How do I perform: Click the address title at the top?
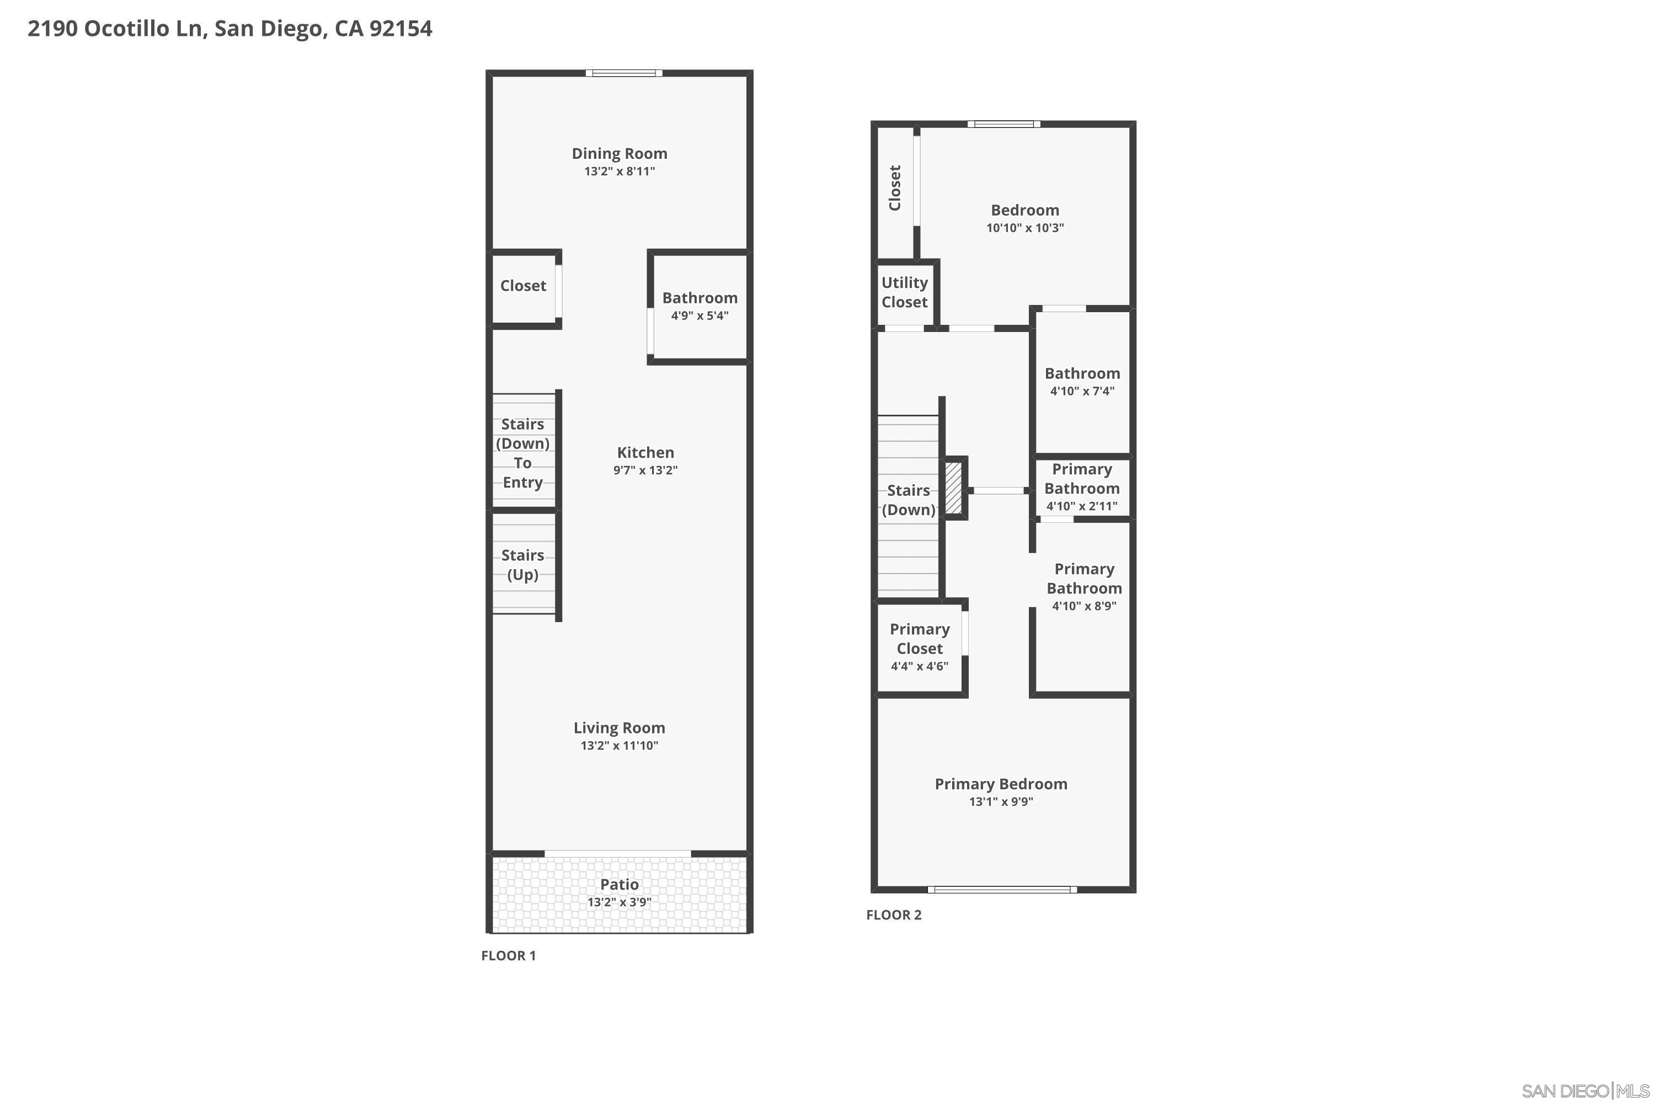[x=229, y=29]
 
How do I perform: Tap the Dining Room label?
[x=619, y=153]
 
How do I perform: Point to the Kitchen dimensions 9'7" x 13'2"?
[x=645, y=470]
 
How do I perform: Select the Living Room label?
[x=619, y=728]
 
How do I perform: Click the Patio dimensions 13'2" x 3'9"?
[x=619, y=902]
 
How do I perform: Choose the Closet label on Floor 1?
[x=523, y=286]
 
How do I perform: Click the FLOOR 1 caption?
[x=508, y=955]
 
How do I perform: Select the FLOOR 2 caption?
[x=894, y=914]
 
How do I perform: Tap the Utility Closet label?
[x=904, y=292]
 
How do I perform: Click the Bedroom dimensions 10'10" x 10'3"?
[x=1024, y=227]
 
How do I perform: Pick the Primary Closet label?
[x=920, y=639]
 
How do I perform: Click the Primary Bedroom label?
[x=1001, y=784]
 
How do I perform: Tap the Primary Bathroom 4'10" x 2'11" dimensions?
[x=1081, y=506]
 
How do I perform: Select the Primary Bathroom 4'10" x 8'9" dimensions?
[x=1083, y=606]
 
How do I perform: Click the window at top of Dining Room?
[x=624, y=73]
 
